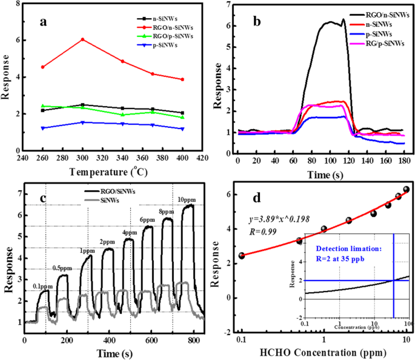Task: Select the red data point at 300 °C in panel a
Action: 82,39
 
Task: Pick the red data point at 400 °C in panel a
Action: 182,79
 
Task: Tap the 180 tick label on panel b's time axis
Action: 403,159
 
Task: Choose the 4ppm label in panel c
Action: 128,233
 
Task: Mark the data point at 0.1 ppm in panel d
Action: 242,256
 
